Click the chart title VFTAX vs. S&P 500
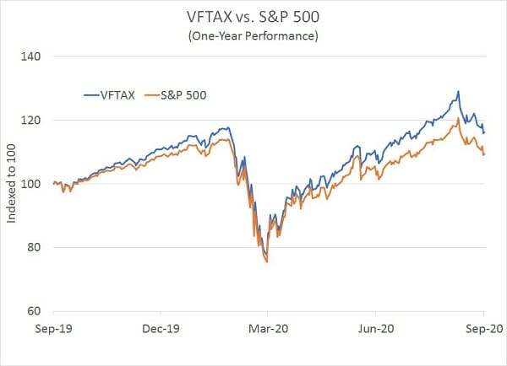(253, 16)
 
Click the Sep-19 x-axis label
(53, 329)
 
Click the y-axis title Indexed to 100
(12, 183)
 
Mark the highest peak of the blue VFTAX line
(458, 91)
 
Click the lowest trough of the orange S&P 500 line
(267, 262)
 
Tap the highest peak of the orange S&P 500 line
(458, 119)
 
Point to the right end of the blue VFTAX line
(484, 132)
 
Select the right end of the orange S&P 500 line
(484, 155)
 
